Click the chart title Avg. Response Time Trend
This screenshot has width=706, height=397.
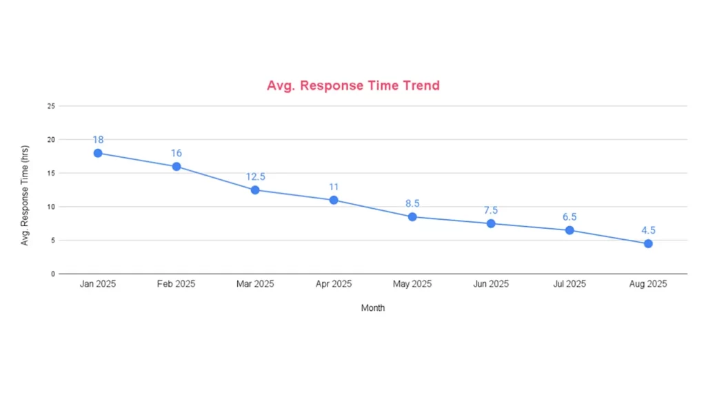click(x=353, y=86)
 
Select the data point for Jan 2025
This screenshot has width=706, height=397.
click(x=98, y=153)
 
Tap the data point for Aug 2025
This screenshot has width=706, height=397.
click(x=648, y=243)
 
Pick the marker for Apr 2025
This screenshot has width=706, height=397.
click(x=334, y=200)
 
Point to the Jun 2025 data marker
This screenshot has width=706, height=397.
click(x=491, y=223)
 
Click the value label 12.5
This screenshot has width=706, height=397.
click(x=255, y=177)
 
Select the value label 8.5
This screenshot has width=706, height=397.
click(x=412, y=204)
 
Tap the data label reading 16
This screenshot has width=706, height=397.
click(x=176, y=153)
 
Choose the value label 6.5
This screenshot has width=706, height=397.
click(x=569, y=217)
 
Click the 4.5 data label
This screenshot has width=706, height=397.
click(x=648, y=230)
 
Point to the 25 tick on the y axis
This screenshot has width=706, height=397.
click(x=50, y=106)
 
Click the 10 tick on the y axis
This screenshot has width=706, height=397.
click(x=50, y=207)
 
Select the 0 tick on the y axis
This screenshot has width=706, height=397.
click(x=52, y=274)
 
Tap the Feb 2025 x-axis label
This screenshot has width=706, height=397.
click(x=176, y=284)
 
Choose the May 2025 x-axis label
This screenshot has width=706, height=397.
click(x=412, y=284)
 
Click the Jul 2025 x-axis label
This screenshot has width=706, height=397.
click(x=569, y=284)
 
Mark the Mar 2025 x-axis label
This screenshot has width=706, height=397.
click(x=255, y=284)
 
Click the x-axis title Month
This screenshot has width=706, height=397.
click(x=373, y=308)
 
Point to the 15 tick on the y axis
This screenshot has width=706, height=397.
click(x=50, y=173)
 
